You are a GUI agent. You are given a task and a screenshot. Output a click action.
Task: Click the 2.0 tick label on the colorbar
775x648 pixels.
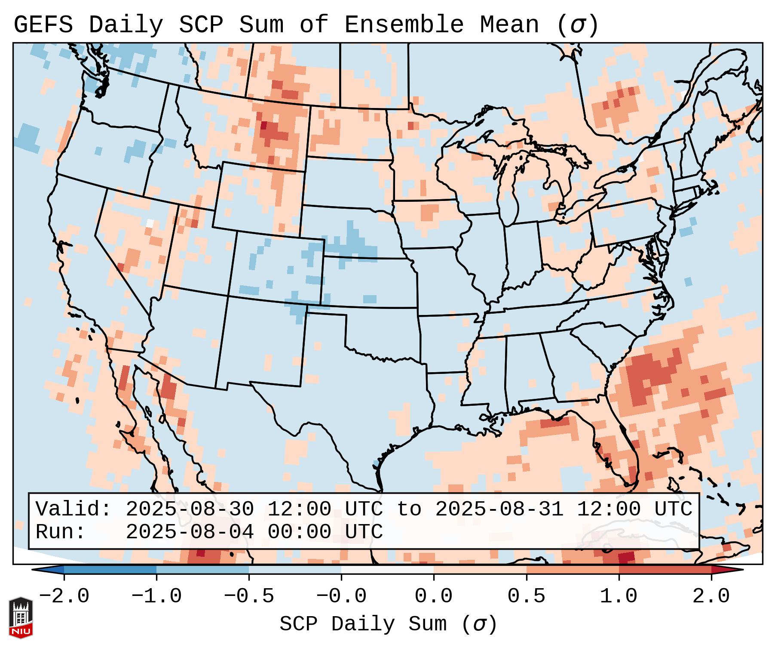coord(711,596)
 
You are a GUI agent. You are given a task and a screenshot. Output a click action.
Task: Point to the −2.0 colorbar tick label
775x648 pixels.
coord(64,596)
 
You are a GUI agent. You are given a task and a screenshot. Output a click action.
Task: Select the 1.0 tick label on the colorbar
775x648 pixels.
coord(619,596)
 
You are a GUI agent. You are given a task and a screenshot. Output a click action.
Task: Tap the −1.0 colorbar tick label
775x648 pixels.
coord(156,596)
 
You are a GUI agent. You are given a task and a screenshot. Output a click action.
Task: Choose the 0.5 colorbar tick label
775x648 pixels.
coord(526,596)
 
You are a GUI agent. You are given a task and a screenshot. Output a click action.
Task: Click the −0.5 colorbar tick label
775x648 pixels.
coord(249,596)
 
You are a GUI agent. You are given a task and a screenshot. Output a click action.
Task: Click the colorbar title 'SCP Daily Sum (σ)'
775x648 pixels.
coord(388,624)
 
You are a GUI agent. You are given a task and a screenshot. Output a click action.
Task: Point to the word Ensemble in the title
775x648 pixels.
coord(404,25)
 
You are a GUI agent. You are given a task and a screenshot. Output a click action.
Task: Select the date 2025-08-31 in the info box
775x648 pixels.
coord(499,509)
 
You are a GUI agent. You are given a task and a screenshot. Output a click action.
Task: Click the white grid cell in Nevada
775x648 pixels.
coord(150,223)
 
